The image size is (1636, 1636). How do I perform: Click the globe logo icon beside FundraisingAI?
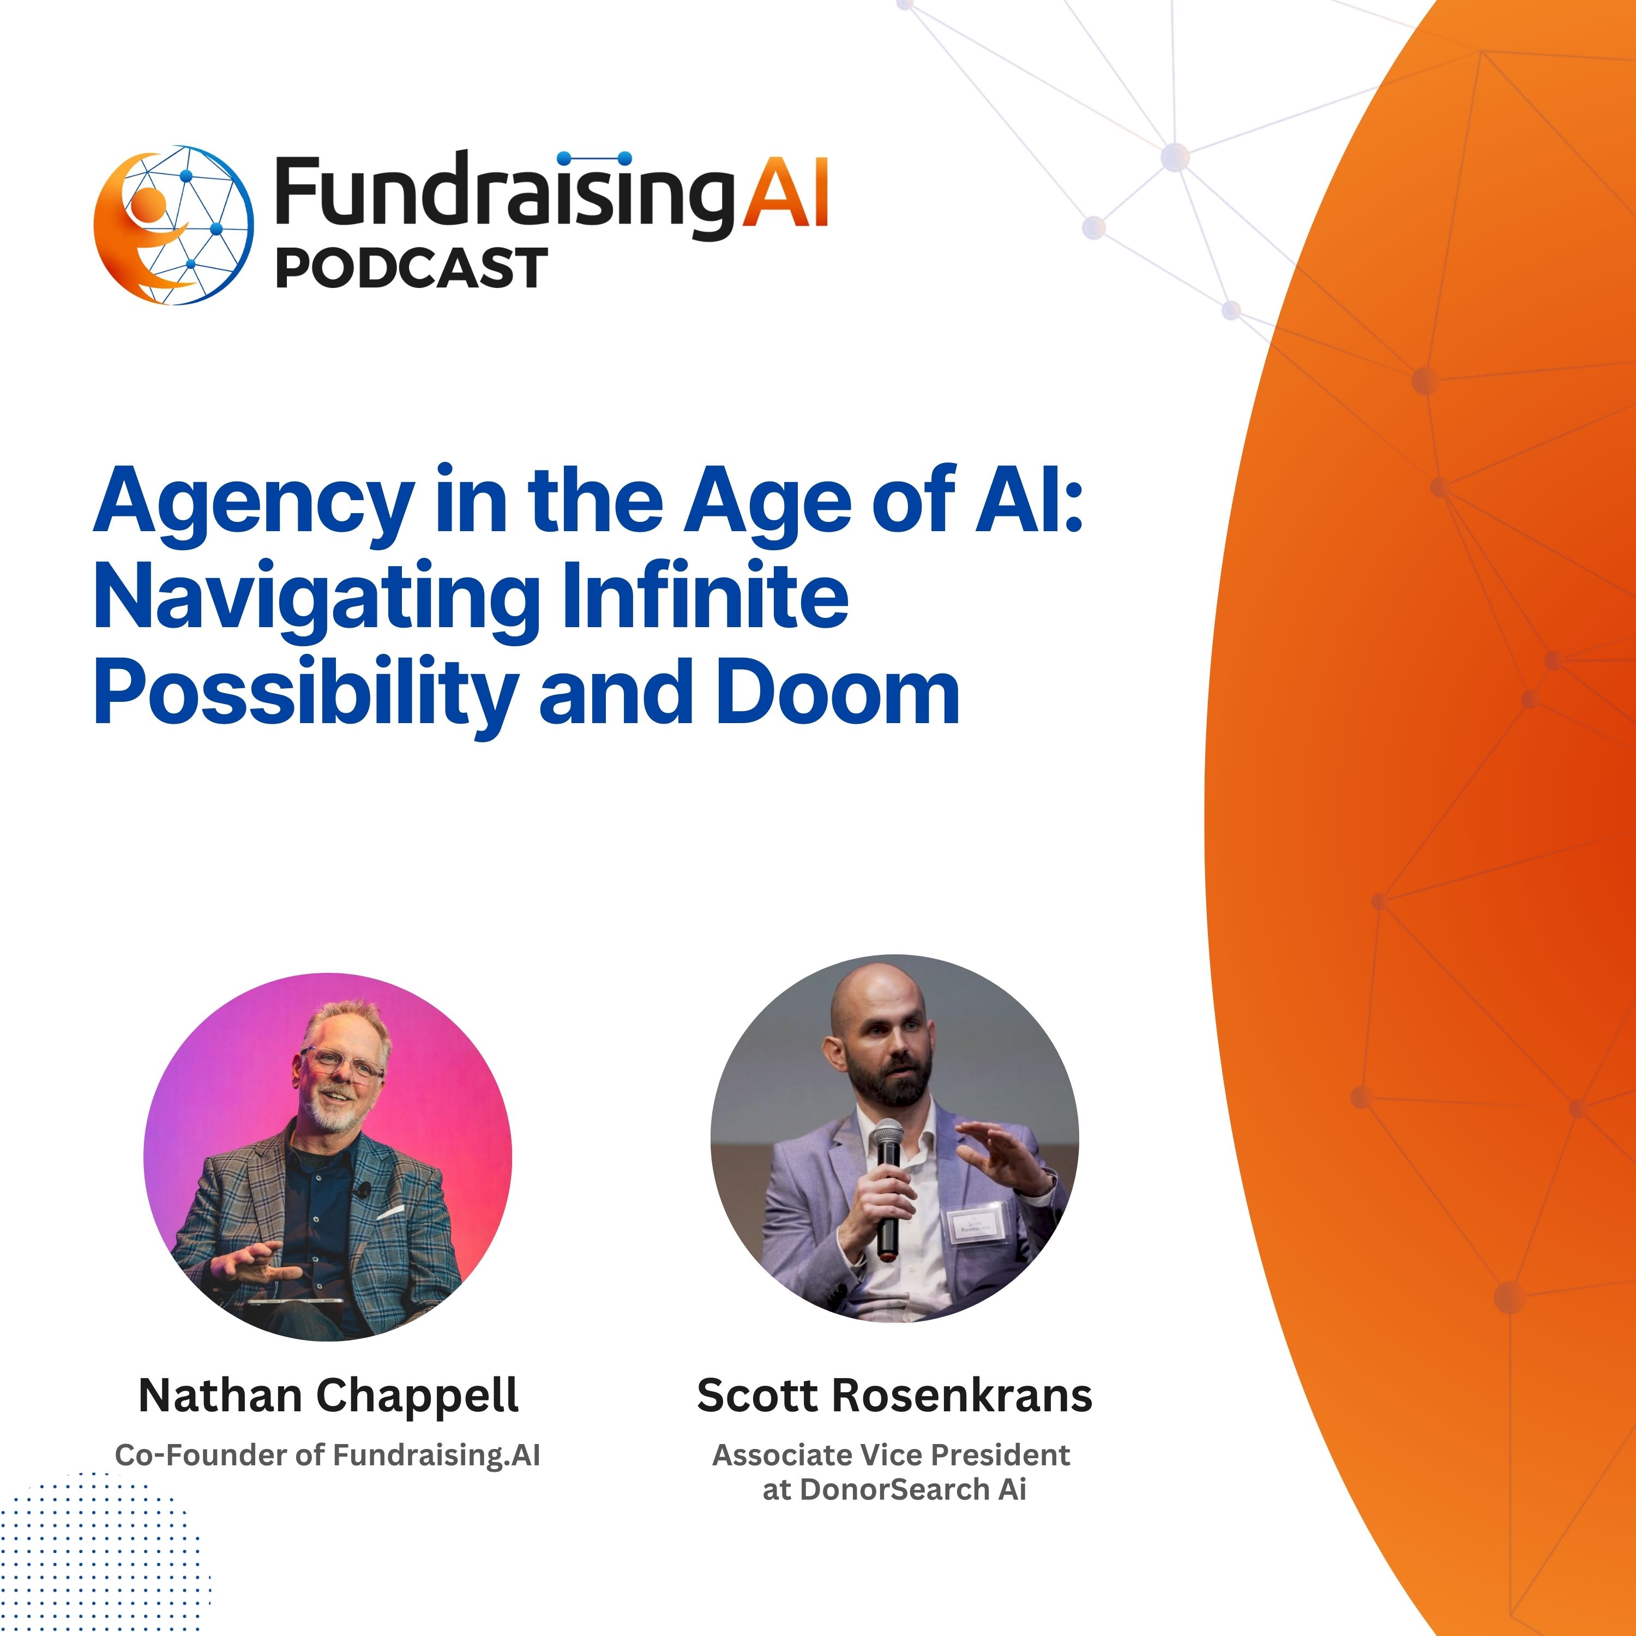click(x=173, y=225)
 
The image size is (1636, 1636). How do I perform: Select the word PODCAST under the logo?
click(x=412, y=268)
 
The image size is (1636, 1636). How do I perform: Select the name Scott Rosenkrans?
click(x=894, y=1396)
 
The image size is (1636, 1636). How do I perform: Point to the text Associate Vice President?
click(x=891, y=1455)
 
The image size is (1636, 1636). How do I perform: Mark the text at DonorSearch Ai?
click(x=894, y=1489)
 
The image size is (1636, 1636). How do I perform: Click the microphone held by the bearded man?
click(x=887, y=1186)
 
